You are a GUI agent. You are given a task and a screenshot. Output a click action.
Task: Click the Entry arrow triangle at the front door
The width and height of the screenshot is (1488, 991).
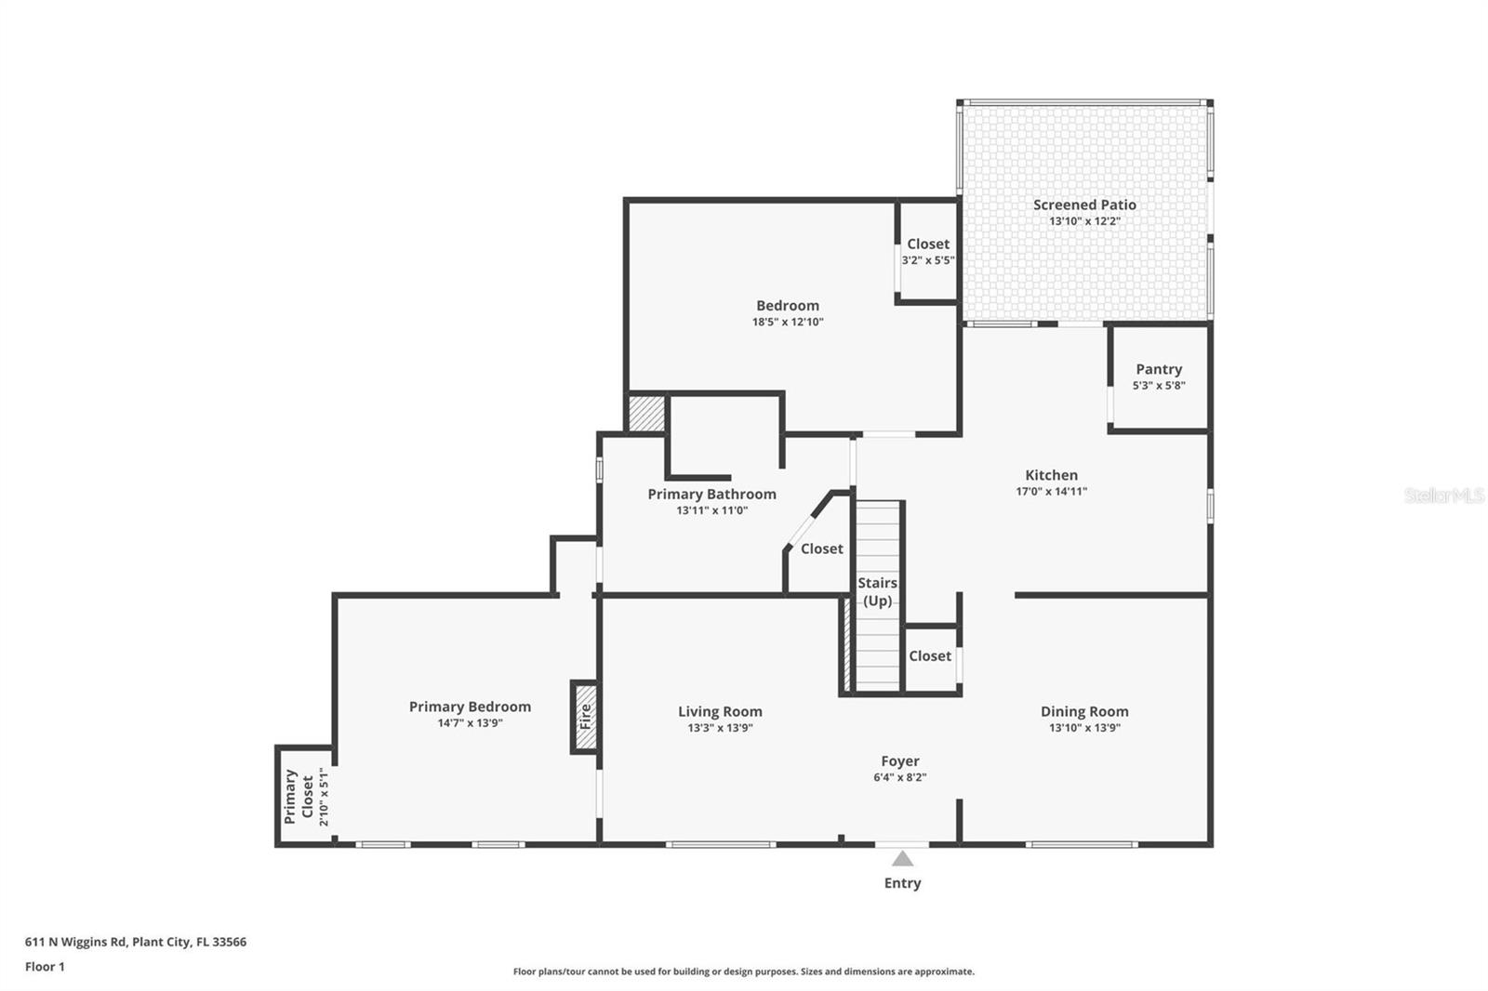pyautogui.click(x=902, y=858)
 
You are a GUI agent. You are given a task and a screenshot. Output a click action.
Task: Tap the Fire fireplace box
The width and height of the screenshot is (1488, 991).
pyautogui.click(x=585, y=717)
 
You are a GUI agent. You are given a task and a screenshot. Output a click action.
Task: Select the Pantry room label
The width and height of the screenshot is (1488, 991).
pyautogui.click(x=1159, y=369)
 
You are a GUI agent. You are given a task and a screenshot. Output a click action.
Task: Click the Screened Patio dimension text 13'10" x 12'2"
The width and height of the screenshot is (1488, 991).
pyautogui.click(x=1084, y=221)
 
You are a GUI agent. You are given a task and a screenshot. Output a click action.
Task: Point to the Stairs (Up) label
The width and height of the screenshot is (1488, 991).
pyautogui.click(x=877, y=591)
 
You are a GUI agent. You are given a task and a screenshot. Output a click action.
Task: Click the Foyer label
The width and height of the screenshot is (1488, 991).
pyautogui.click(x=900, y=760)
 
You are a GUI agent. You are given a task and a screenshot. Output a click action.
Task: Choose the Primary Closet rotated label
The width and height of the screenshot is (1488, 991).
pyautogui.click(x=299, y=796)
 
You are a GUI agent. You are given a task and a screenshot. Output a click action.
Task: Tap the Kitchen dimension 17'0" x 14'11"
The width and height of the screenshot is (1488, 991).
pyautogui.click(x=1051, y=491)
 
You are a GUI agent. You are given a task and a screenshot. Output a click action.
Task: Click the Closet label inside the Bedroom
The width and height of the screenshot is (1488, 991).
pyautogui.click(x=928, y=244)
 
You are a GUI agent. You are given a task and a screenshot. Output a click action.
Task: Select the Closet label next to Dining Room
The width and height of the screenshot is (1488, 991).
pyautogui.click(x=930, y=655)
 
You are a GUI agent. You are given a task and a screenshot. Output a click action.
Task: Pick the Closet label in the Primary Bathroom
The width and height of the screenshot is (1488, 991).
pyautogui.click(x=822, y=548)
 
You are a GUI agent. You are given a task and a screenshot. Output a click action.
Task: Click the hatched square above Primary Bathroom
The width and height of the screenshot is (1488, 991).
pyautogui.click(x=646, y=414)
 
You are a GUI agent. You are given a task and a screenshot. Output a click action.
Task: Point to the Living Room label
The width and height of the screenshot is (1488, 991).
pyautogui.click(x=720, y=711)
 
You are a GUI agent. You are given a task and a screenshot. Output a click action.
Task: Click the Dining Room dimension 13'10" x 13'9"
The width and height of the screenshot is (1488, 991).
pyautogui.click(x=1084, y=727)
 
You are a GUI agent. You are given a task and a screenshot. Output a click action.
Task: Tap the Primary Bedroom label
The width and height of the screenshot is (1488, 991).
pyautogui.click(x=470, y=707)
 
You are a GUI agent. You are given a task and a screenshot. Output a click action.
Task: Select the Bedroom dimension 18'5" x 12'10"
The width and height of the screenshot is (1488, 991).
pyautogui.click(x=788, y=322)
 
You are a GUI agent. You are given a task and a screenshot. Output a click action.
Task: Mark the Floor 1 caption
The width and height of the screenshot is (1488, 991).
pyautogui.click(x=45, y=966)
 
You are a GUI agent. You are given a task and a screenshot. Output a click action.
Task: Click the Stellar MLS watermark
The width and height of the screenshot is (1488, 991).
pyautogui.click(x=1443, y=495)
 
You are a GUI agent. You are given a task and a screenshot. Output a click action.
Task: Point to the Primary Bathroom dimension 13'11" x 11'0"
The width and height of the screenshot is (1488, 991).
pyautogui.click(x=711, y=509)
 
